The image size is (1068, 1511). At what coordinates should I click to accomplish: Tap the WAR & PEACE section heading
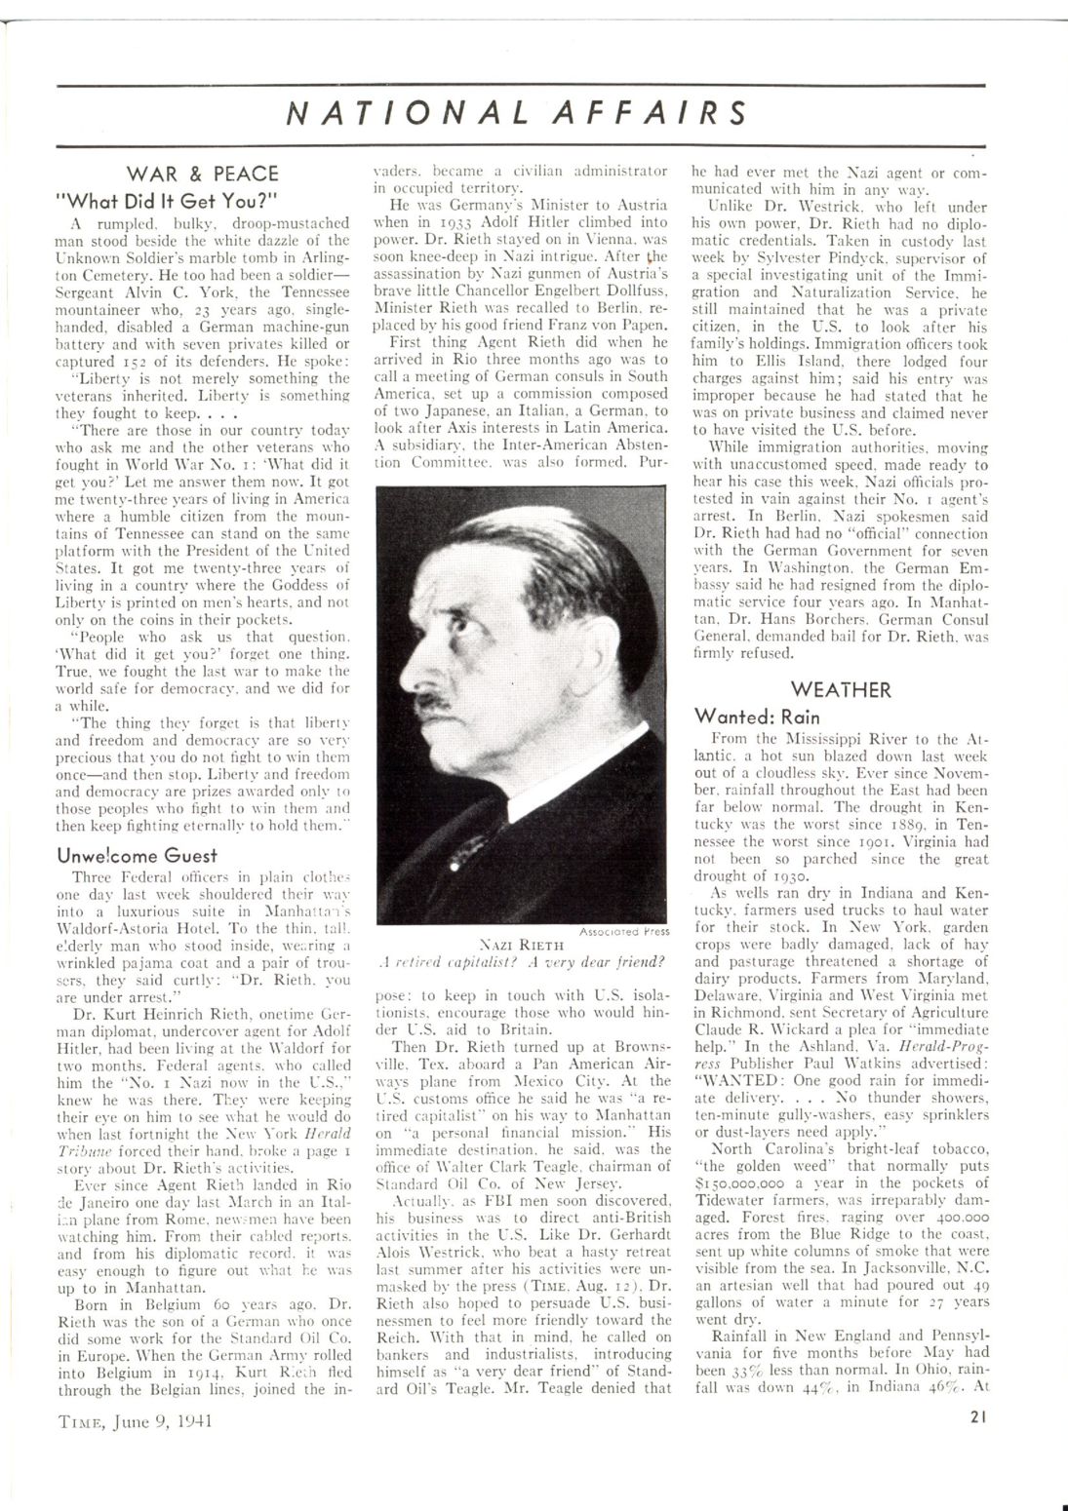tap(202, 174)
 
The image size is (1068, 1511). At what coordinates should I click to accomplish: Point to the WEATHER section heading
tap(840, 689)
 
